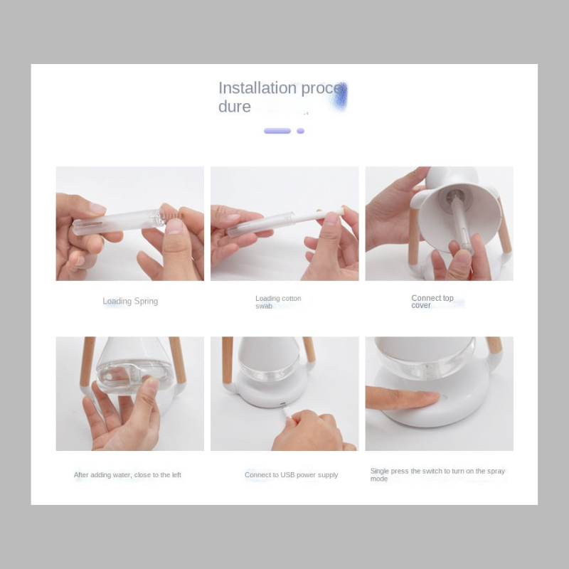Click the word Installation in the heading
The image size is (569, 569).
(257, 88)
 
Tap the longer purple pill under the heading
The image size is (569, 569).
(277, 131)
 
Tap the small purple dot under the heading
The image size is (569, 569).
(300, 131)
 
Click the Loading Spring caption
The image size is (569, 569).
(130, 301)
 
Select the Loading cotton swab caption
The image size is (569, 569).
(278, 302)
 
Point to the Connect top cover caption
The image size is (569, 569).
(432, 302)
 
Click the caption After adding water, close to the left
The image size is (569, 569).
(127, 474)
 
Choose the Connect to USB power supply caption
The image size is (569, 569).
(291, 474)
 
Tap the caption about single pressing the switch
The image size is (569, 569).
(437, 474)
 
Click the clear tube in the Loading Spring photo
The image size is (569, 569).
(118, 221)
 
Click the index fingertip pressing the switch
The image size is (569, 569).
(431, 398)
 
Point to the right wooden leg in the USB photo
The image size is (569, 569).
(309, 349)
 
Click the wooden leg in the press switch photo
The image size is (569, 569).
(494, 345)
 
